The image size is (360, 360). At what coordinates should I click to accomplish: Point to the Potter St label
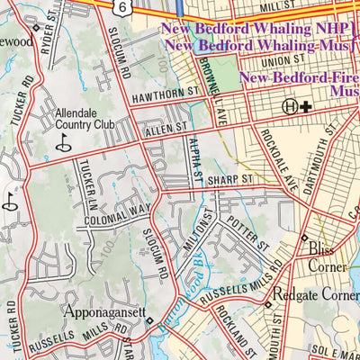(x=248, y=232)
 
